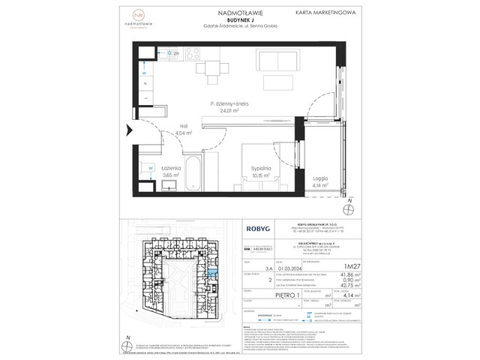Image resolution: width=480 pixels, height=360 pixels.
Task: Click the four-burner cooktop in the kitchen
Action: (192, 53)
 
